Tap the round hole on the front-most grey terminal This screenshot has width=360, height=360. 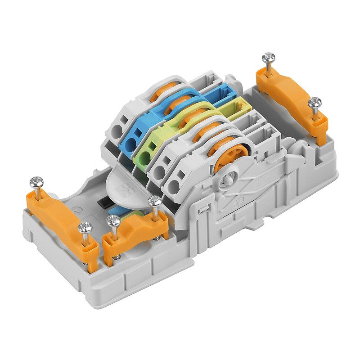tap(175, 184)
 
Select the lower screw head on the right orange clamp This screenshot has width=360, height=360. tap(315, 103)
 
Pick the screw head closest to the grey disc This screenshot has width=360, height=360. tap(155, 201)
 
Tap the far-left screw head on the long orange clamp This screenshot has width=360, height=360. tap(36, 182)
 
